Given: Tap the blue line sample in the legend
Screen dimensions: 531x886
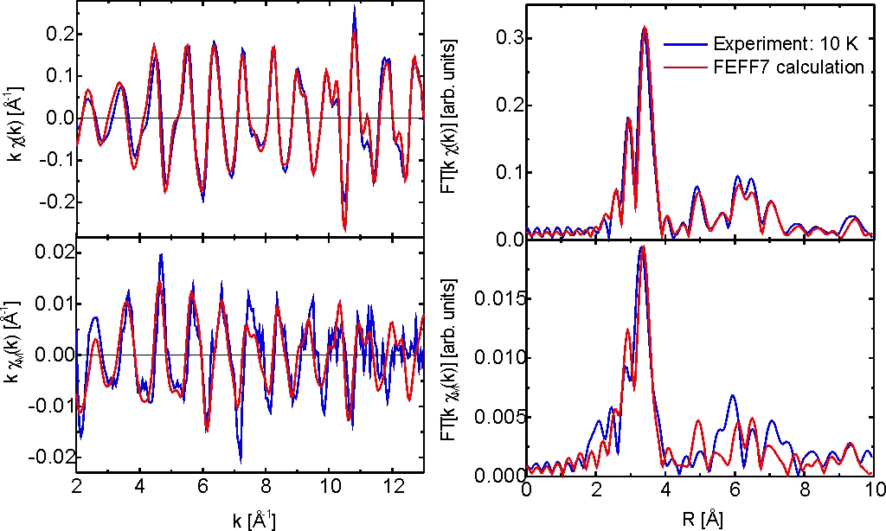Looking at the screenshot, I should tap(685, 43).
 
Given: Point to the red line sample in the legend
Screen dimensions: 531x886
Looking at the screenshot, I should tap(685, 67).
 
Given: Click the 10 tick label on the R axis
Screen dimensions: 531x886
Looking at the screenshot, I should tap(873, 491).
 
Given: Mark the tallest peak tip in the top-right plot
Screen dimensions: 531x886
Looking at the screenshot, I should tap(645, 27).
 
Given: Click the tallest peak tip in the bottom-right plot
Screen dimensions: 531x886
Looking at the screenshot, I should tap(642, 246).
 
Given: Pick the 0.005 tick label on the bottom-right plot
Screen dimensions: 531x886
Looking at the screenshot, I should tap(495, 417).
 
